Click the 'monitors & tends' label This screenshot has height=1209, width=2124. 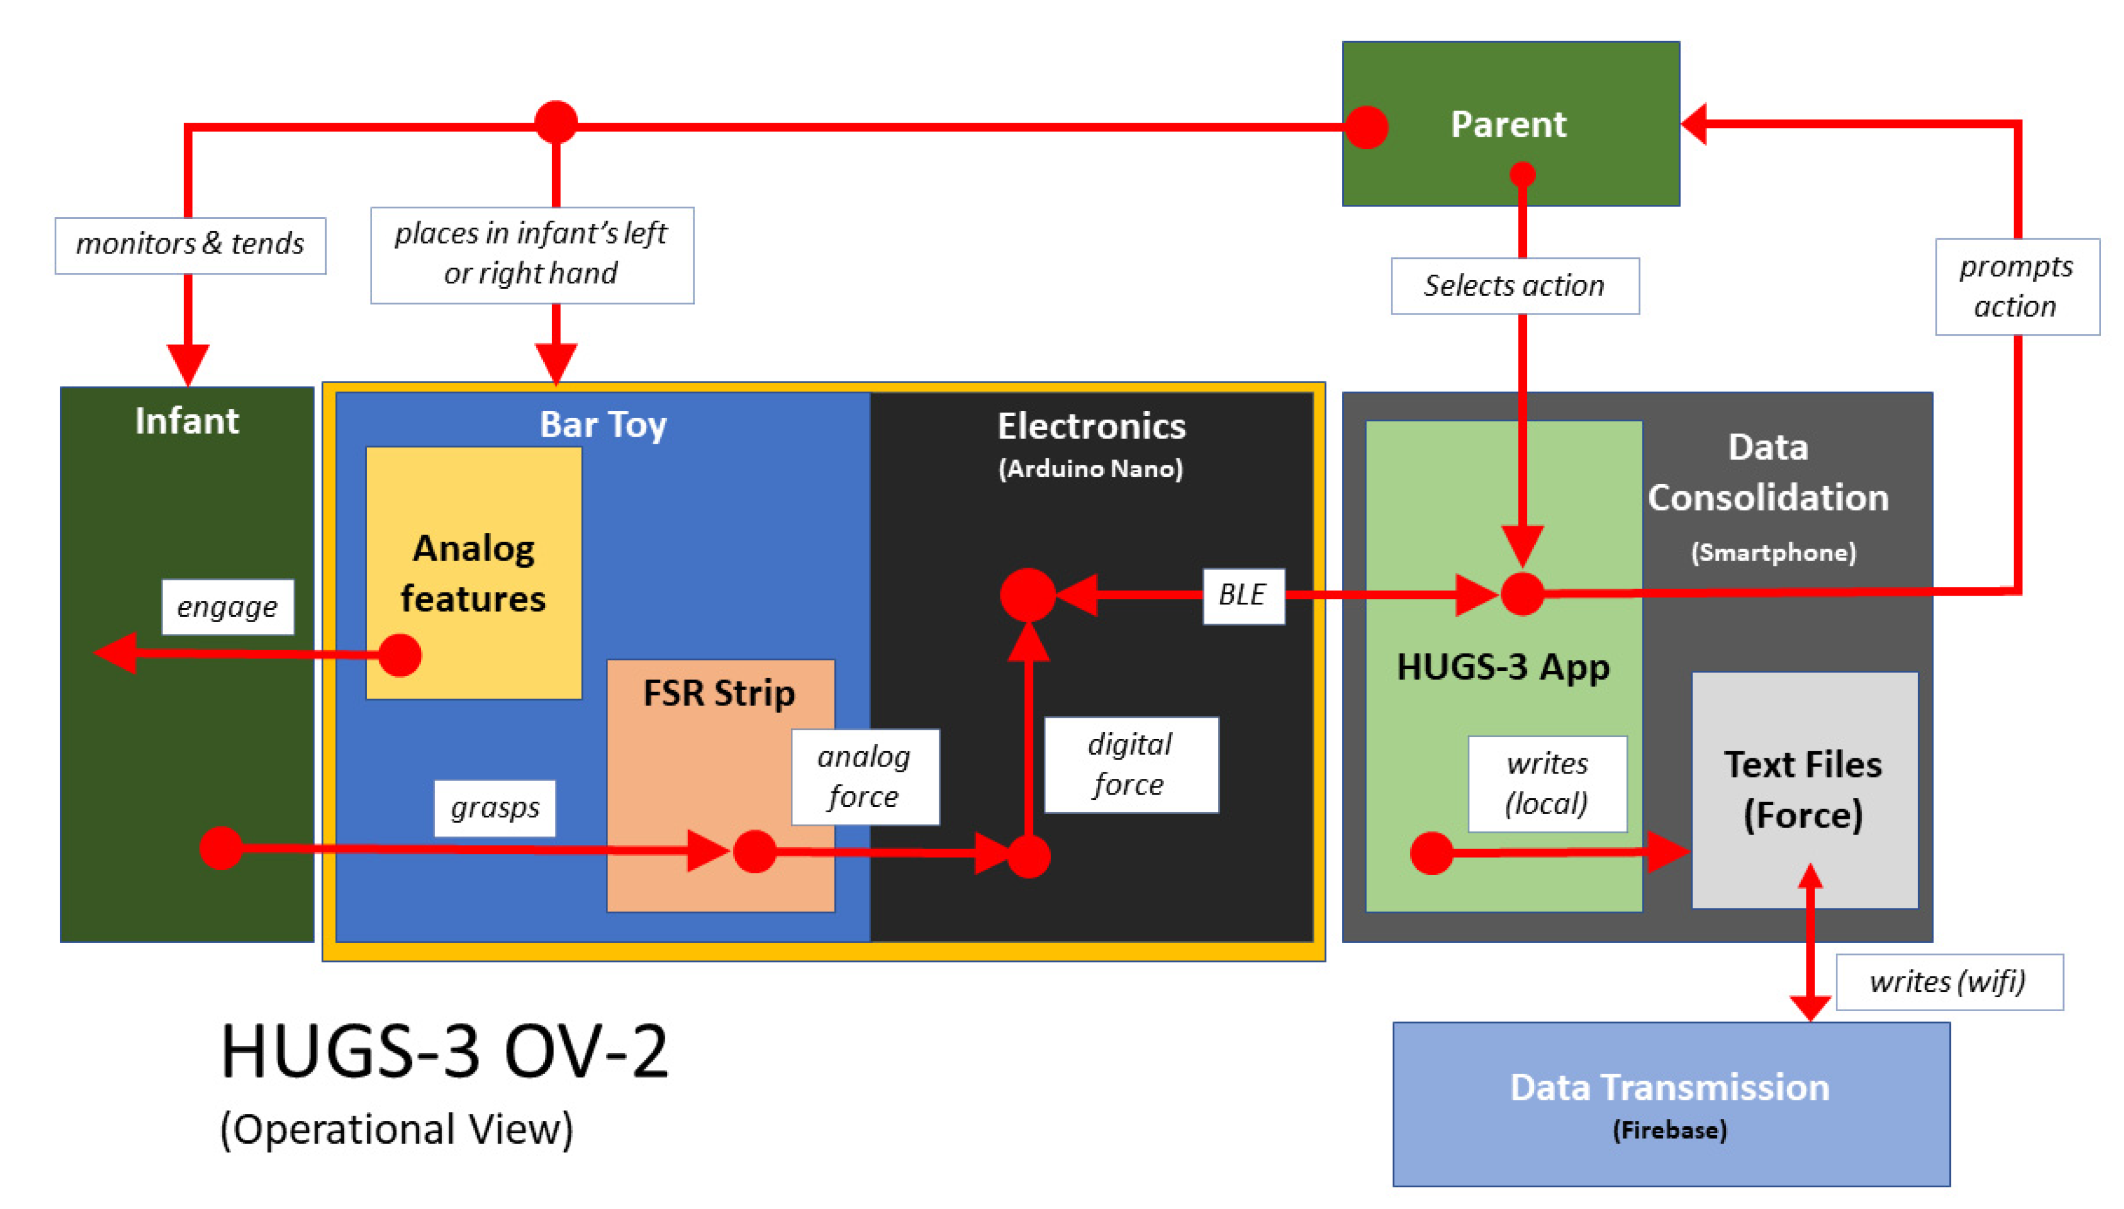pyautogui.click(x=190, y=245)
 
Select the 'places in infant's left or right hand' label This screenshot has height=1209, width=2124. pyautogui.click(x=531, y=254)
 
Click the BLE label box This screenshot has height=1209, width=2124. pyautogui.click(x=1242, y=595)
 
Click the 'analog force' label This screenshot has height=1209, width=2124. pyautogui.click(x=864, y=776)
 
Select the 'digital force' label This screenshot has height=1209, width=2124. pyautogui.click(x=1130, y=765)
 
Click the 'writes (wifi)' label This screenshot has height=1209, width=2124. pyautogui.click(x=1947, y=981)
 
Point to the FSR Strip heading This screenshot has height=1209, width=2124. pyautogui.click(x=719, y=693)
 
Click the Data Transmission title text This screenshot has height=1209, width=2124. pyautogui.click(x=1669, y=1087)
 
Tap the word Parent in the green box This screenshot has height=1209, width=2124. pyautogui.click(x=1508, y=124)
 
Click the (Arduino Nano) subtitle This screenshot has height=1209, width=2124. pyautogui.click(x=1090, y=469)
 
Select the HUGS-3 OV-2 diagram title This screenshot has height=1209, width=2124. pyautogui.click(x=444, y=1051)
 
